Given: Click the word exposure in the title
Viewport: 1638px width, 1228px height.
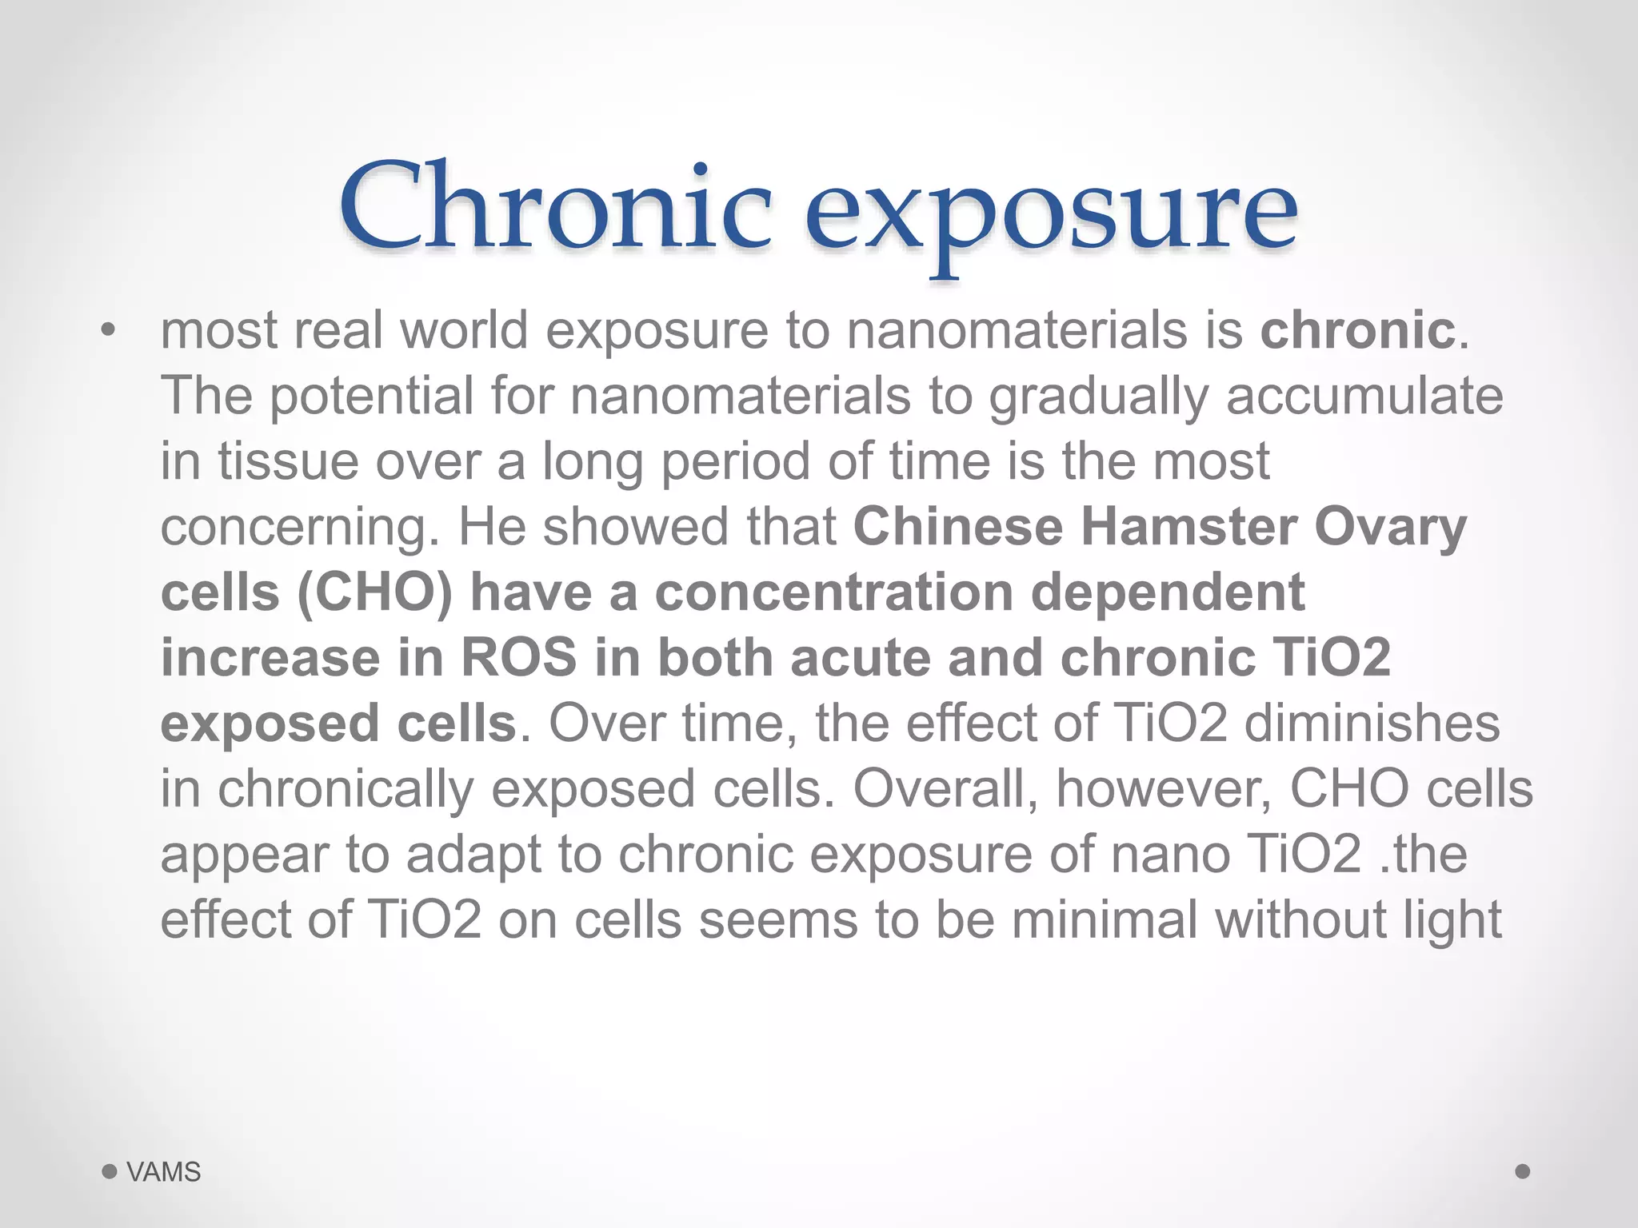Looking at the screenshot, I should (x=1050, y=212).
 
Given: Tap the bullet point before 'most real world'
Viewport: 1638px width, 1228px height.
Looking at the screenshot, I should (x=109, y=330).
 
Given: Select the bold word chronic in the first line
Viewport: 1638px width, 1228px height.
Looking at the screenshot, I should (x=1357, y=329).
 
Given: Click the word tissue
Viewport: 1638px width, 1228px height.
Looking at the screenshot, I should (x=288, y=461).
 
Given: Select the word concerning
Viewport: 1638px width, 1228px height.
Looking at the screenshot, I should (x=300, y=528).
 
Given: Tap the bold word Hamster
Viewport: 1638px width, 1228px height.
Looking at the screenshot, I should (x=1189, y=527).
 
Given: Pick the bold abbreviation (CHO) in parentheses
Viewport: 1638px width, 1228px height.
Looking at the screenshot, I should (x=374, y=593).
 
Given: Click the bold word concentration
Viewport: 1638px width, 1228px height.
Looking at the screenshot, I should (x=834, y=592).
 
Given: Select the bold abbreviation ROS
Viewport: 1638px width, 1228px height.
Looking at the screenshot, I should (x=518, y=658).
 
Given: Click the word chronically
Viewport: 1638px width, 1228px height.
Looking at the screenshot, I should (x=346, y=789).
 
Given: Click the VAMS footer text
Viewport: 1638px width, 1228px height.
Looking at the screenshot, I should (x=163, y=1172).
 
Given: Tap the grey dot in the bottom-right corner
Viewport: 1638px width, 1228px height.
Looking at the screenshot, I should (x=1523, y=1171).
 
